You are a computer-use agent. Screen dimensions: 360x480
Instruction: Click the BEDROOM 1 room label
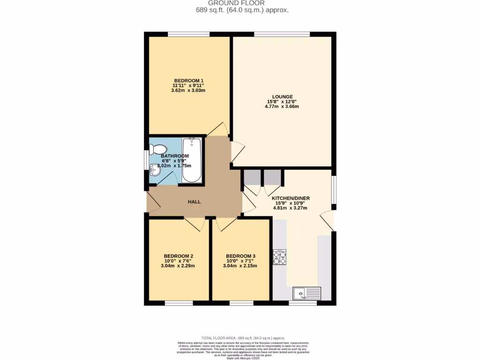pos(188,80)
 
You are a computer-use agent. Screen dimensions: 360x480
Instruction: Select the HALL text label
pos(194,202)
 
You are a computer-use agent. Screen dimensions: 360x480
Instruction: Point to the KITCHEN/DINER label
pos(291,198)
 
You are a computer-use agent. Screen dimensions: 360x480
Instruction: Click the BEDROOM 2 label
pos(177,256)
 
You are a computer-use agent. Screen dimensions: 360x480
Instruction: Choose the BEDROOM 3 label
pos(240,256)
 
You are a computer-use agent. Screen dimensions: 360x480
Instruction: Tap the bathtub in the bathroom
pos(192,160)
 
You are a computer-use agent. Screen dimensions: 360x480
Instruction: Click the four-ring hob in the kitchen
pos(280,257)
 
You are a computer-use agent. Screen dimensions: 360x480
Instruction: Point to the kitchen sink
pos(307,293)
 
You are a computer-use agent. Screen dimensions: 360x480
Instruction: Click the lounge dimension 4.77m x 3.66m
pos(282,106)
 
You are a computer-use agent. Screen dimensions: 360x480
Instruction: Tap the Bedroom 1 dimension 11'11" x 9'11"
pos(188,85)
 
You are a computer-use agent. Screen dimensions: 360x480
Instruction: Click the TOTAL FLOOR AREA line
pos(243,338)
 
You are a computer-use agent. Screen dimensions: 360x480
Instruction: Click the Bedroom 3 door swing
pos(225,224)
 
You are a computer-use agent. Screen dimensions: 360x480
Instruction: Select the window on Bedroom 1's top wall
pos(189,34)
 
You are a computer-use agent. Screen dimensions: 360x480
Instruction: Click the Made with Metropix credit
pos(243,359)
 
